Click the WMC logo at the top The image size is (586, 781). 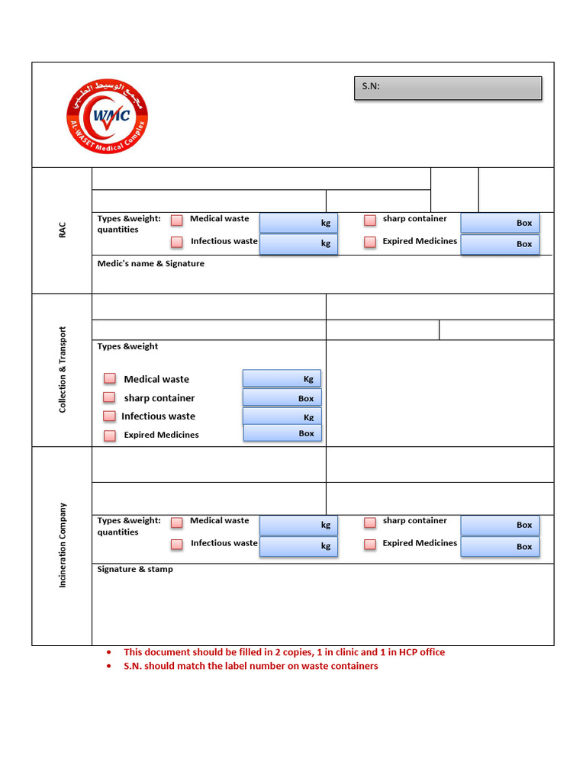click(107, 116)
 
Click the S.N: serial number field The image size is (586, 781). click(448, 88)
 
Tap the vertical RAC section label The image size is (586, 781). click(63, 230)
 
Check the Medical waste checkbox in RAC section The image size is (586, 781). click(177, 220)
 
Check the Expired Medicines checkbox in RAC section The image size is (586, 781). click(370, 242)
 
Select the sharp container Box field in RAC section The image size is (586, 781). click(500, 223)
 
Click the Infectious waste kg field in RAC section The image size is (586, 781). click(298, 243)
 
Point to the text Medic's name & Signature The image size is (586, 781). click(151, 264)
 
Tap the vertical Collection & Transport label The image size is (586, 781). click(63, 370)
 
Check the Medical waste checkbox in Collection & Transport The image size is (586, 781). click(110, 379)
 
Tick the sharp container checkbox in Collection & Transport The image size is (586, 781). click(110, 398)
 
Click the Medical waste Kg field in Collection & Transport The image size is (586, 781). click(282, 378)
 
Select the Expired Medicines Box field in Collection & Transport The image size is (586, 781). click(282, 433)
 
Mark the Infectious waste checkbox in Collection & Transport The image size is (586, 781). click(110, 416)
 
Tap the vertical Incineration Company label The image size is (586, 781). click(63, 545)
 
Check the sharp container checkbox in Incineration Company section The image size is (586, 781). click(370, 522)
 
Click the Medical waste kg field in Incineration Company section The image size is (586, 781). click(298, 525)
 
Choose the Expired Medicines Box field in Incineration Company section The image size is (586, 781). click(500, 546)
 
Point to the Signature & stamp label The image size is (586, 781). click(135, 569)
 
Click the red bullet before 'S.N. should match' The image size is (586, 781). click(109, 667)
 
